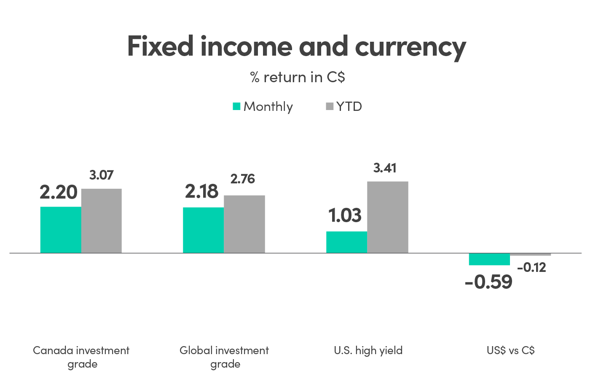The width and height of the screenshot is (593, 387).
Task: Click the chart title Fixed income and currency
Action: click(x=296, y=46)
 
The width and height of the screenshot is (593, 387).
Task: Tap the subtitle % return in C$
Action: click(x=297, y=77)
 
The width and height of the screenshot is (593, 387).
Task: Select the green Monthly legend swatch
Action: click(x=236, y=106)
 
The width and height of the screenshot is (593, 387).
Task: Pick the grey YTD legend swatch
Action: click(x=329, y=106)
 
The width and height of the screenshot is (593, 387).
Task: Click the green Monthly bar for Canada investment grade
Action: click(x=61, y=229)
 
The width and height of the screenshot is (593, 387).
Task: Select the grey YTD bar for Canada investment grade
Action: click(x=102, y=220)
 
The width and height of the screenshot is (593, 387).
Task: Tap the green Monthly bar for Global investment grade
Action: click(x=203, y=230)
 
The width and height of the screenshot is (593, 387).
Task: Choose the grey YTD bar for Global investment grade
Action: click(x=244, y=224)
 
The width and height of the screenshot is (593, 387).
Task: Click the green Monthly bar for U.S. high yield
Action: click(x=346, y=242)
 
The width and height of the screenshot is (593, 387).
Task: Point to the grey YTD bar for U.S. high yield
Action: click(x=388, y=217)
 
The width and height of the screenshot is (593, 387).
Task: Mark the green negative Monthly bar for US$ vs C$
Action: click(x=489, y=259)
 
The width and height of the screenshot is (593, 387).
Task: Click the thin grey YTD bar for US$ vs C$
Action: click(x=530, y=255)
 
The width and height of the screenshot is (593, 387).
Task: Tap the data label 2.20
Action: click(x=59, y=192)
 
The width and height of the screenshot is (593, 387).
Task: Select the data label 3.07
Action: click(x=102, y=175)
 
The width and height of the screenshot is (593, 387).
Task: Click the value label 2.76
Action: click(x=243, y=179)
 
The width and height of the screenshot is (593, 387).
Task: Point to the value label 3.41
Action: click(x=385, y=168)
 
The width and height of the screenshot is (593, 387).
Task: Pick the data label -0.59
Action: click(x=488, y=282)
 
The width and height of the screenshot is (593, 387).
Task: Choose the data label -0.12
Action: click(x=531, y=267)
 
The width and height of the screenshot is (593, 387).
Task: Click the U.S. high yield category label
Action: click(x=368, y=350)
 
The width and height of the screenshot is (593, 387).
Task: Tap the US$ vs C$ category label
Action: click(x=510, y=350)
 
